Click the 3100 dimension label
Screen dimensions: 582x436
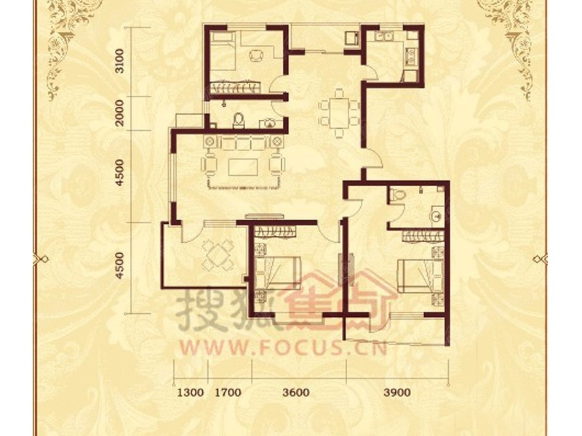pyautogui.click(x=119, y=62)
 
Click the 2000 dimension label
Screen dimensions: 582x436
pyautogui.click(x=119, y=113)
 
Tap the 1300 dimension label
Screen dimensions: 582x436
pyautogui.click(x=191, y=392)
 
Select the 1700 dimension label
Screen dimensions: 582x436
pyautogui.click(x=228, y=392)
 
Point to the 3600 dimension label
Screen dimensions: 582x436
pyautogui.click(x=296, y=392)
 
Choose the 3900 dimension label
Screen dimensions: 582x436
pyautogui.click(x=397, y=392)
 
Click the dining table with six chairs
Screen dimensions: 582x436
pyautogui.click(x=340, y=113)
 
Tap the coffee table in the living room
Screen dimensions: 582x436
pyautogui.click(x=243, y=167)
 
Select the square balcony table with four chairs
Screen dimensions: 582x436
pyautogui.click(x=218, y=256)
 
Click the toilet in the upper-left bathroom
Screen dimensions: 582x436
pyautogui.click(x=239, y=121)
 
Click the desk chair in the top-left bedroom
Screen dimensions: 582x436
pyautogui.click(x=257, y=56)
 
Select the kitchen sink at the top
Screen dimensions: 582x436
pyautogui.click(x=384, y=36)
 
